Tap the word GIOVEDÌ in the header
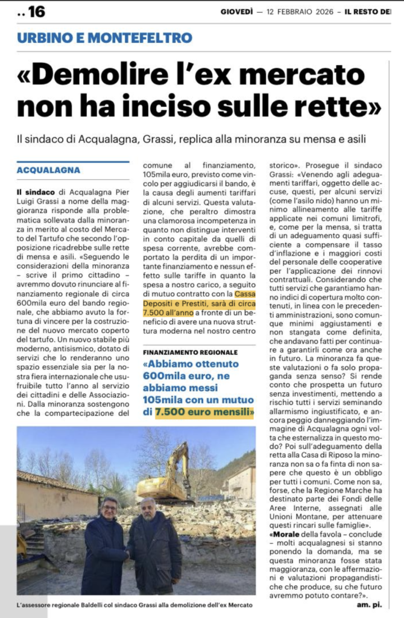[x=236, y=11]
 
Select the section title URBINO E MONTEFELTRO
[x=104, y=37]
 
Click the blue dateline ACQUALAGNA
[x=48, y=171]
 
